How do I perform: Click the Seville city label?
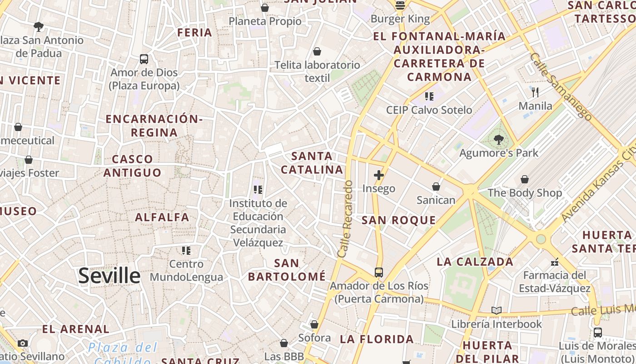(109, 276)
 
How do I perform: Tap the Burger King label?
(400, 19)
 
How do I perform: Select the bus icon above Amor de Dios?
(144, 59)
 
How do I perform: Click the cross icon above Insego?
(378, 175)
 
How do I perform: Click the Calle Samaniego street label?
(561, 86)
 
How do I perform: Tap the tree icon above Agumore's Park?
(498, 140)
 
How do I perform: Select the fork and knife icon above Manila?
(535, 92)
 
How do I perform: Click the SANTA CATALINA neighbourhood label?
(312, 163)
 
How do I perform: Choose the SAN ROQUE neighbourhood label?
(398, 221)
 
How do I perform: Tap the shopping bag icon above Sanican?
(436, 187)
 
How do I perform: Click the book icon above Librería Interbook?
(496, 311)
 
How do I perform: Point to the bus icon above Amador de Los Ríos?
(378, 273)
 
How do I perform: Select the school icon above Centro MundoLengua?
(186, 251)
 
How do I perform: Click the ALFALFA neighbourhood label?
(162, 217)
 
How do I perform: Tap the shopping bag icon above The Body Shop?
(525, 179)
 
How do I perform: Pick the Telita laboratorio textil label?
(317, 71)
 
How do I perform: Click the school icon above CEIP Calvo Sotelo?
(429, 96)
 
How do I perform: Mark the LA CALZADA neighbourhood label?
(475, 262)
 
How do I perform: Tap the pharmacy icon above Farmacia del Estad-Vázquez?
(554, 262)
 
